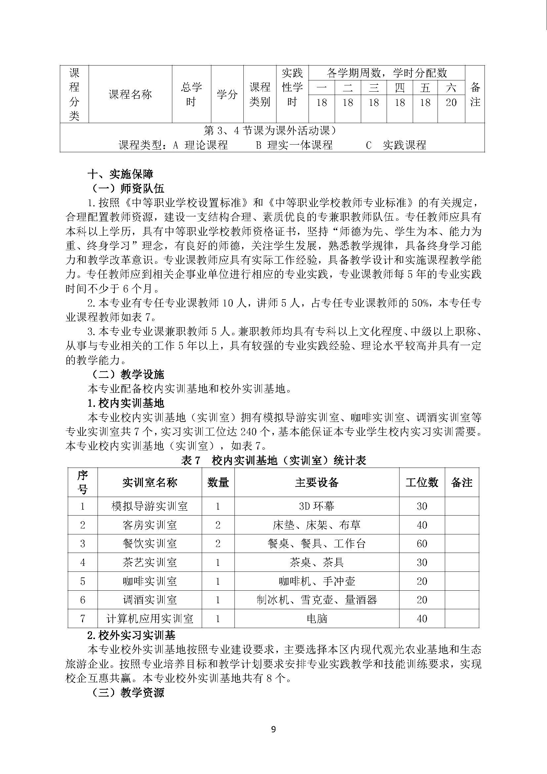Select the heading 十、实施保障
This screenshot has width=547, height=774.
click(121, 174)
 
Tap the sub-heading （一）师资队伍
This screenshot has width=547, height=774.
click(126, 188)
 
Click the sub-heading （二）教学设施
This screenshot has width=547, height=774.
click(126, 375)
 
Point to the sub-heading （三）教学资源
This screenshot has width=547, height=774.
click(126, 693)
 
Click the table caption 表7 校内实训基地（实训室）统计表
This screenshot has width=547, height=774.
click(273, 461)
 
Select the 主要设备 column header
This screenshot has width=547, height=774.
click(316, 482)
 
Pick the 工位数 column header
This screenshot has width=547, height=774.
click(422, 482)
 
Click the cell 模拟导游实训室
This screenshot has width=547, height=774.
click(149, 506)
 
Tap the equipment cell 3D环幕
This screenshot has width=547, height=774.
click(316, 506)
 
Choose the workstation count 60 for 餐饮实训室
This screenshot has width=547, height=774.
click(422, 544)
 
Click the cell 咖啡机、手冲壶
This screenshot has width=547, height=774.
click(316, 581)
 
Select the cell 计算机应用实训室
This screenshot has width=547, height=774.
click(149, 618)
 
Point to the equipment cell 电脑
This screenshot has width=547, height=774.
click(316, 618)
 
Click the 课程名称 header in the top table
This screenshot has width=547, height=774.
click(130, 94)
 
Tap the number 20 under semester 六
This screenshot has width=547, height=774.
click(451, 103)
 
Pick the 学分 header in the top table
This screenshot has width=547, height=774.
click(227, 94)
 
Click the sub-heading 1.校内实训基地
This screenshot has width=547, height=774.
click(126, 403)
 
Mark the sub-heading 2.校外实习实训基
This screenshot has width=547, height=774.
click(131, 635)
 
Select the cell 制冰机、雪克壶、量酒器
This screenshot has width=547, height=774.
click(316, 600)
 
